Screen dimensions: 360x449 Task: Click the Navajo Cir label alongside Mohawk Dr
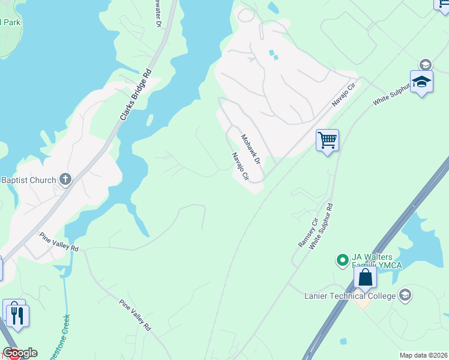240,167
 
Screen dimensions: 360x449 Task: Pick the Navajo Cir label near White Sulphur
344,95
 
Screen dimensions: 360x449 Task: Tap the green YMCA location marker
342,260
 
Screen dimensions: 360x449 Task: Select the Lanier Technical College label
350,296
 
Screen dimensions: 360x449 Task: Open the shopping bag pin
365,278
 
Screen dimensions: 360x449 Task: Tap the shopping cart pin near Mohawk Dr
327,140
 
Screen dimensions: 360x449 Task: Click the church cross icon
65,179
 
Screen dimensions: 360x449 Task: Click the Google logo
20,353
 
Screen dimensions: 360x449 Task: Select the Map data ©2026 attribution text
423,355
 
